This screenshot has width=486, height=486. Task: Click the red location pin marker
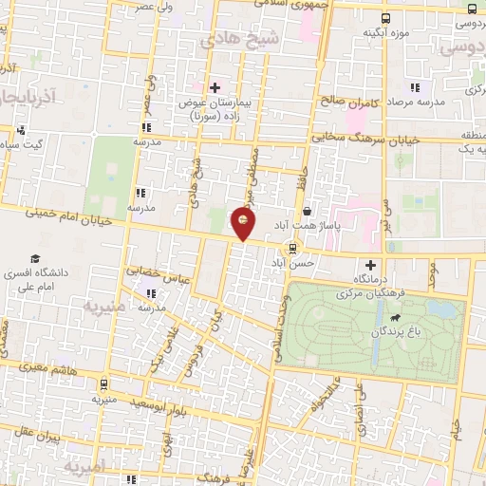pos(243,223)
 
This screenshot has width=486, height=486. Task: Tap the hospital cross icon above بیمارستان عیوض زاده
pos(215,87)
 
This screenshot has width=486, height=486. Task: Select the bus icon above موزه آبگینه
pos(384,18)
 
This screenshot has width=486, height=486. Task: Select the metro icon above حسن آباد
pos(292,248)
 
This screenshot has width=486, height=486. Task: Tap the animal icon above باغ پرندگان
pos(394,318)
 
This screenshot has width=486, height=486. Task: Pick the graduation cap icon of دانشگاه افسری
pos(35,259)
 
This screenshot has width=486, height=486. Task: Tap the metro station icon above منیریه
pos(103,383)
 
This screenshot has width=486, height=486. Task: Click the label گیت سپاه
pos(21,144)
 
